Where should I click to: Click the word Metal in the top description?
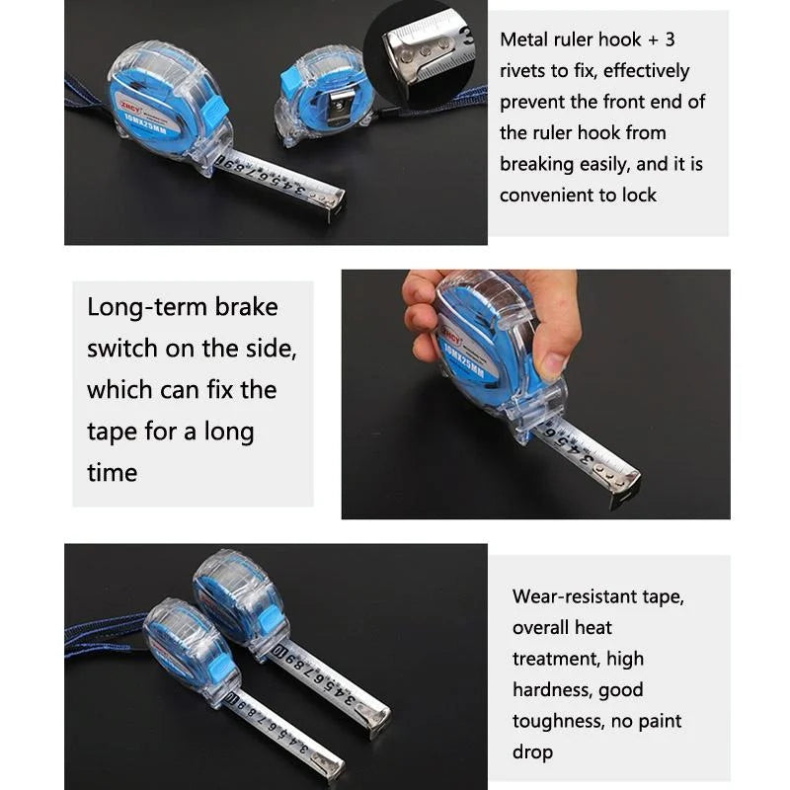526,39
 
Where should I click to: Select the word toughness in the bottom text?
558,721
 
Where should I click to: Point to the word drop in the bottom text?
533,751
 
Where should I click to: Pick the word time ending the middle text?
112,472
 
